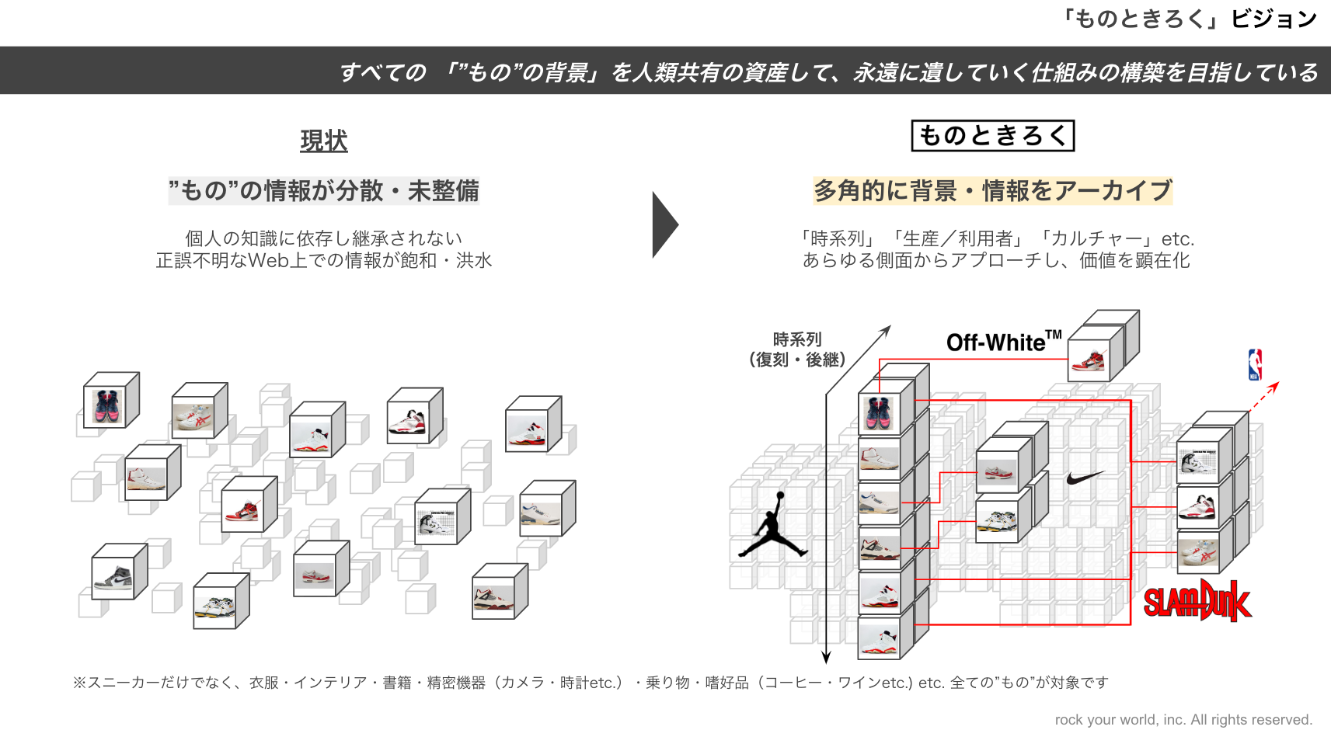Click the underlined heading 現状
(324, 141)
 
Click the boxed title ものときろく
(992, 136)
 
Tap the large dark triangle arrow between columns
(664, 224)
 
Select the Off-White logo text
(1003, 342)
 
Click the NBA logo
(1255, 364)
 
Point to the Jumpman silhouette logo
(772, 526)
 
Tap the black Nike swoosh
(1085, 478)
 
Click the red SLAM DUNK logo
(1197, 601)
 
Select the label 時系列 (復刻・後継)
(797, 349)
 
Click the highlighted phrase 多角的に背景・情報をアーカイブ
(992, 191)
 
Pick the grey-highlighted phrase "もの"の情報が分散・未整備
(324, 191)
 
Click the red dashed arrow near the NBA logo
(1263, 396)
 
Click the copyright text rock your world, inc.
(1183, 720)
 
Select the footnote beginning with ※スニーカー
(591, 683)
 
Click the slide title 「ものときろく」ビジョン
(1189, 19)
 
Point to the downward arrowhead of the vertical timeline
(826, 657)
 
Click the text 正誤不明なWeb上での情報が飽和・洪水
(324, 261)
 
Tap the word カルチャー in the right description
(1096, 239)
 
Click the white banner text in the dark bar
(828, 72)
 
